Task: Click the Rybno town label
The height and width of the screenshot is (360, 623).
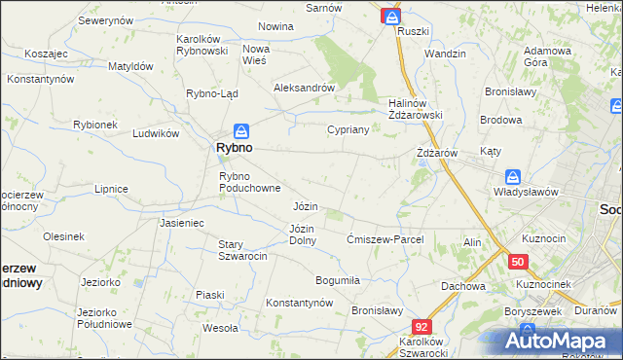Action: (234, 148)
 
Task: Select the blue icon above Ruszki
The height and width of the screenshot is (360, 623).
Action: (391, 17)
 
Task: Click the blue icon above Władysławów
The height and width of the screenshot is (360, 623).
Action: (513, 177)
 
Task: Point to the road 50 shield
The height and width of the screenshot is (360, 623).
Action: (518, 262)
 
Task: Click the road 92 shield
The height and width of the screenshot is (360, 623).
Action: (421, 328)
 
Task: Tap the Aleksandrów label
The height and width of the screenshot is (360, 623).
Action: (305, 88)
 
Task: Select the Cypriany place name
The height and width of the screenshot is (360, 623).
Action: (348, 129)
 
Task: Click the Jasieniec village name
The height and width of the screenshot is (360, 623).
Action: (181, 223)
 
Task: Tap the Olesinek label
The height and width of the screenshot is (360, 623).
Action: (63, 236)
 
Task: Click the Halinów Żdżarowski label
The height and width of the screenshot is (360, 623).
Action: (416, 109)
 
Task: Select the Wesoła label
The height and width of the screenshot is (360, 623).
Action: (220, 328)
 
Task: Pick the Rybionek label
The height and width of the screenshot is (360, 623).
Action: (95, 125)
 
